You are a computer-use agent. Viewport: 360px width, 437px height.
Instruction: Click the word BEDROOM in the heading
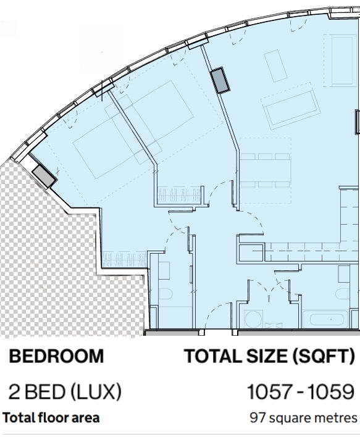56,356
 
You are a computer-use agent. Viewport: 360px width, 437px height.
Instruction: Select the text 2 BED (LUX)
65,391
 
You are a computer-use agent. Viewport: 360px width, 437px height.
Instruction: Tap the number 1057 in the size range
270,391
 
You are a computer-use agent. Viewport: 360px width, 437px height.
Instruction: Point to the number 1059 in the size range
331,391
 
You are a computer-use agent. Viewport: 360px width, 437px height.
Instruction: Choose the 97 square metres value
303,418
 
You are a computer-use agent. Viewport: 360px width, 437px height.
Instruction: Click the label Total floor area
51,417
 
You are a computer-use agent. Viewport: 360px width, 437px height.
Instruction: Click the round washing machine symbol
253,319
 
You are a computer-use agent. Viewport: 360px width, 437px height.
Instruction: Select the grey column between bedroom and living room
220,80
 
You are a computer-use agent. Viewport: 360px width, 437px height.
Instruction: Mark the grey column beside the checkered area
44,175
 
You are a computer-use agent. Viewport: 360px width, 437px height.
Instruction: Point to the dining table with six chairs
265,170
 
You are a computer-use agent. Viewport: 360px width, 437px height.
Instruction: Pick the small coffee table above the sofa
276,66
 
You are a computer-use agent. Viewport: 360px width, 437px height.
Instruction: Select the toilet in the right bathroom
343,294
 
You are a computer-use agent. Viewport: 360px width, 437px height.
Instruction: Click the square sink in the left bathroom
164,270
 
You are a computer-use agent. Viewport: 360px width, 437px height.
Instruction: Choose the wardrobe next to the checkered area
124,259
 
